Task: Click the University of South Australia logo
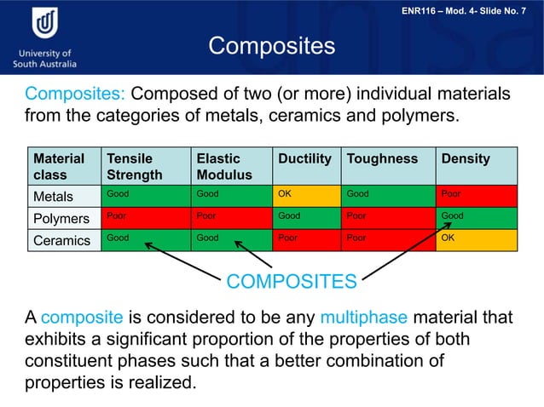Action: pos(44,38)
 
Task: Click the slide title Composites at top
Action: pos(272,45)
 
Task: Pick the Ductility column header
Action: pos(304,159)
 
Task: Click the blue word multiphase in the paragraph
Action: pos(365,318)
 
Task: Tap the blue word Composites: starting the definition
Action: pos(75,93)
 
